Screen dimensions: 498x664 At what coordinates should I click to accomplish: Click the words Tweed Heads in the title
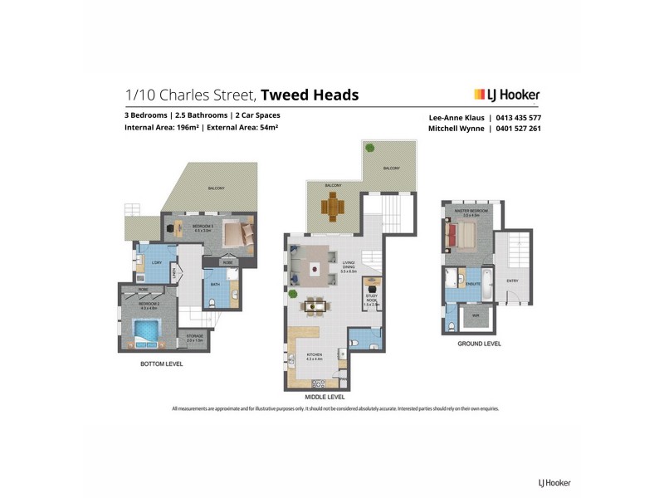click(310, 95)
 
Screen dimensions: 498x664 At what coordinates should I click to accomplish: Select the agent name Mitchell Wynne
click(456, 129)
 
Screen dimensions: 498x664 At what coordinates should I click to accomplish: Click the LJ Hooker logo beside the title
click(506, 95)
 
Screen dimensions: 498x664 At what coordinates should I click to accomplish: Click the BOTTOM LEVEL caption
click(163, 364)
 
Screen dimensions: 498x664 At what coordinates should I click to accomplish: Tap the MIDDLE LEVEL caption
click(326, 397)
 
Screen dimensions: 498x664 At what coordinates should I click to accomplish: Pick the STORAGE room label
click(194, 335)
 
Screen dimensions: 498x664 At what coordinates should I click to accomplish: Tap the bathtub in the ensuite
click(487, 281)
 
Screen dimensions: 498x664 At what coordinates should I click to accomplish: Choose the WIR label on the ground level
click(476, 315)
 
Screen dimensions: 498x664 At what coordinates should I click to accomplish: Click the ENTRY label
click(512, 281)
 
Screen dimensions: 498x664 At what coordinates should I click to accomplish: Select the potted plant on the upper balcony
click(369, 148)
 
